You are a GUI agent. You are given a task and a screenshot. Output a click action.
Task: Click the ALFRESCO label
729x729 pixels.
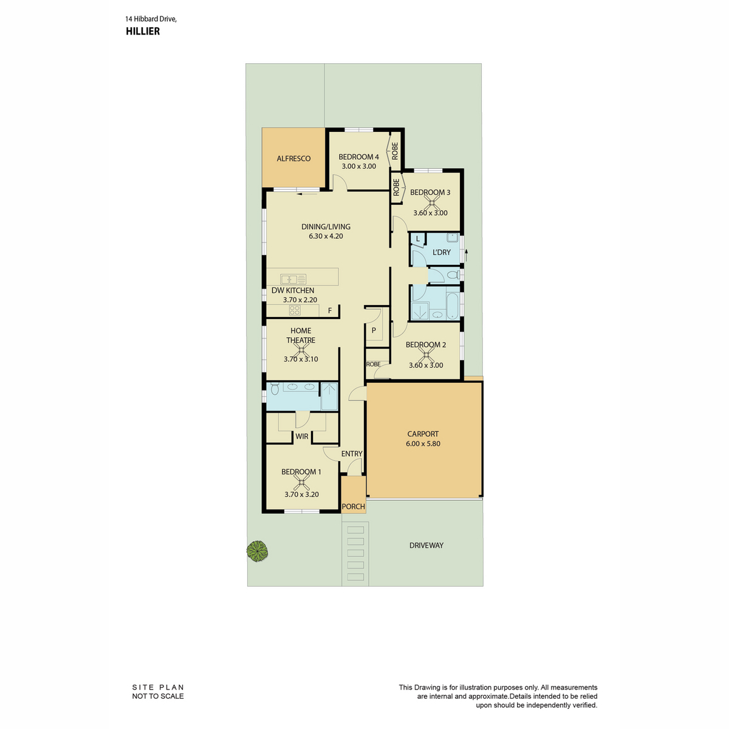(x=293, y=159)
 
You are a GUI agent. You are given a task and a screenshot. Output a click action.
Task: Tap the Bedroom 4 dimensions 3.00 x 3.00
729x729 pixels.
(x=358, y=166)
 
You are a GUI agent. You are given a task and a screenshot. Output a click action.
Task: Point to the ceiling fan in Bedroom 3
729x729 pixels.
(x=432, y=203)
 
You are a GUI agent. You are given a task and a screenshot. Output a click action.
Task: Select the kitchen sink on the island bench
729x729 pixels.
(x=293, y=279)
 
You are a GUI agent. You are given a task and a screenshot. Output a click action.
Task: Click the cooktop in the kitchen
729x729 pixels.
(x=294, y=310)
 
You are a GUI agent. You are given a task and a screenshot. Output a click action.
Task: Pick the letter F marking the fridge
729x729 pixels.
(x=330, y=310)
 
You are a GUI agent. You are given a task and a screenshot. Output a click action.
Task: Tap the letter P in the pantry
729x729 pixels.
(x=374, y=330)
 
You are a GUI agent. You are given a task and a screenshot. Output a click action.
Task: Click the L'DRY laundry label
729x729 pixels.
(x=441, y=252)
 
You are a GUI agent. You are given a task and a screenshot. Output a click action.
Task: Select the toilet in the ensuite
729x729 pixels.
(x=274, y=388)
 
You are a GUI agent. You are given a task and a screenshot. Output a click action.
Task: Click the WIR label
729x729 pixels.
(x=301, y=436)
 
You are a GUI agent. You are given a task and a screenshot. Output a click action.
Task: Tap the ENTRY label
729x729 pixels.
(x=352, y=454)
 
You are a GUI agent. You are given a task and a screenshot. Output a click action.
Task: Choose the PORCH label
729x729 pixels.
(x=353, y=506)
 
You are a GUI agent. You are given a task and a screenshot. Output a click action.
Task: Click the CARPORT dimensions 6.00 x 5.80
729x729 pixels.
(x=423, y=443)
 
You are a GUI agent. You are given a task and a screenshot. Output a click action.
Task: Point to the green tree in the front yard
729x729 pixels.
(x=257, y=550)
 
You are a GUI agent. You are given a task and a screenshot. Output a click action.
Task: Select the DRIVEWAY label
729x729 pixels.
(x=426, y=545)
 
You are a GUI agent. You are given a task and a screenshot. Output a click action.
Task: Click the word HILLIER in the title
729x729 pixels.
(x=143, y=31)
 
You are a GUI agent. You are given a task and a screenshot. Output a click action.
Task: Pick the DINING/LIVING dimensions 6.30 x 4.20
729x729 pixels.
(x=326, y=236)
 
